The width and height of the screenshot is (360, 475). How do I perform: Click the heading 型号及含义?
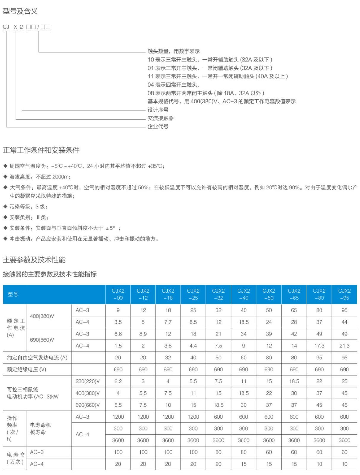(x=20, y=11)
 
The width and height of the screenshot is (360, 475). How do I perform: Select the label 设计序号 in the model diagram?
(x=158, y=110)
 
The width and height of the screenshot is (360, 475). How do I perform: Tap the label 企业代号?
(x=158, y=126)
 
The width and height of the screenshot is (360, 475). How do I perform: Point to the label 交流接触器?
(x=161, y=118)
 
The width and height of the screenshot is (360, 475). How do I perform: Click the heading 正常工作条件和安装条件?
(x=41, y=150)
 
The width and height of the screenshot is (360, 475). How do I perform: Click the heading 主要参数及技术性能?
(x=34, y=260)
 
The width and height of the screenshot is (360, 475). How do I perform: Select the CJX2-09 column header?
(x=118, y=294)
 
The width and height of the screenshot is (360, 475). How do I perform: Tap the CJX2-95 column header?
(x=344, y=294)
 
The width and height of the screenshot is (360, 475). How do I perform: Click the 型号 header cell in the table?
(x=13, y=294)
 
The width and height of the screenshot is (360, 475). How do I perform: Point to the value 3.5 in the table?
(x=118, y=322)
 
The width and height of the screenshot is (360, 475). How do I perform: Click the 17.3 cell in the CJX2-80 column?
(x=319, y=346)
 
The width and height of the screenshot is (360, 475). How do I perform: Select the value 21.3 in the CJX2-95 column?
(x=344, y=346)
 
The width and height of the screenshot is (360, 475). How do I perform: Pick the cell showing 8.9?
(x=143, y=334)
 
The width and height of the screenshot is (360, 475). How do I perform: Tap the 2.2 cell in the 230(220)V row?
(x=118, y=381)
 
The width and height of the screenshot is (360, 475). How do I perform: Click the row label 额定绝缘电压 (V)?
(x=27, y=370)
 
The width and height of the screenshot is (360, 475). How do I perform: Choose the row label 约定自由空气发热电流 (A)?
(x=37, y=358)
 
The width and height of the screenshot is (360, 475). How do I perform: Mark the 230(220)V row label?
(x=88, y=381)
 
